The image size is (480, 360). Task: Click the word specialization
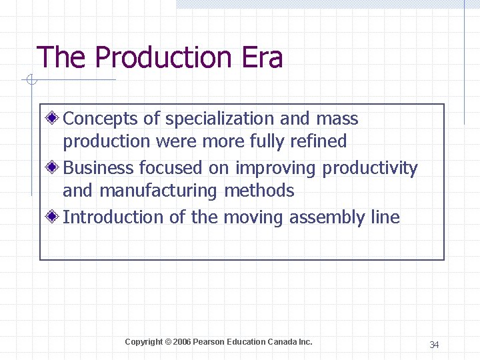pyautogui.click(x=219, y=119)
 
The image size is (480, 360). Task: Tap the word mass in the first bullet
pyautogui.click(x=337, y=119)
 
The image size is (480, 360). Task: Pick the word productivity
pyautogui.click(x=370, y=169)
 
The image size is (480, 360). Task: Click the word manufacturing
pyautogui.click(x=159, y=191)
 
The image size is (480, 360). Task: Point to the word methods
pyautogui.click(x=259, y=191)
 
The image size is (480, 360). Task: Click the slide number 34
pyautogui.click(x=434, y=345)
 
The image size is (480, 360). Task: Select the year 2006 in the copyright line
pyautogui.click(x=181, y=342)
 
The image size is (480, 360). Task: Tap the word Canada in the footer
pyautogui.click(x=282, y=342)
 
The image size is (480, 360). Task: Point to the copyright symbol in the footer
pyautogui.click(x=167, y=342)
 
